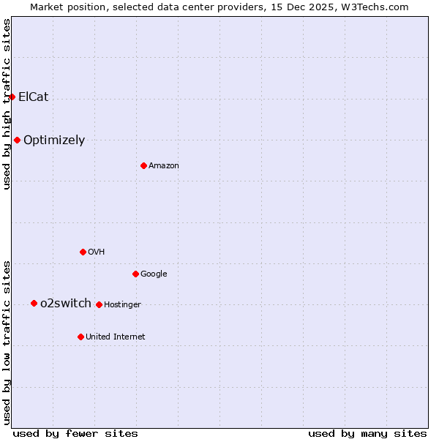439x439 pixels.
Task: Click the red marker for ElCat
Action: (12, 97)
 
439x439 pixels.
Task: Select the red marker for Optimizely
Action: (17, 140)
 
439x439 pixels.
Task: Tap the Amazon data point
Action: (143, 165)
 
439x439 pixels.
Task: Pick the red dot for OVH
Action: (83, 252)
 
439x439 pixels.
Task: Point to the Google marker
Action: (135, 274)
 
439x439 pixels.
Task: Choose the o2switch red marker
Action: (34, 303)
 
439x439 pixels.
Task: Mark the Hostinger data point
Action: (99, 304)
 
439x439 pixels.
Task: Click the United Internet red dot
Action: (80, 337)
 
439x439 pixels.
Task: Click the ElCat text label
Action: (33, 97)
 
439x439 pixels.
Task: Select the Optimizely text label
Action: (54, 140)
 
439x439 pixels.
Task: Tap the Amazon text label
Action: (163, 166)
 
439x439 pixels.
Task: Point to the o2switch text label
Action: (66, 304)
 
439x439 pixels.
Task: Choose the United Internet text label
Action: (115, 337)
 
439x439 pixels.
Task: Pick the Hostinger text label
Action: (122, 305)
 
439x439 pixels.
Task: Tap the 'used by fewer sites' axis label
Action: (75, 433)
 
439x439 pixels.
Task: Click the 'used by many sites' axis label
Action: (367, 433)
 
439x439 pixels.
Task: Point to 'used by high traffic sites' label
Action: (7, 104)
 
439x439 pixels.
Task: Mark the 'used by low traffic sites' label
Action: (7, 342)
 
